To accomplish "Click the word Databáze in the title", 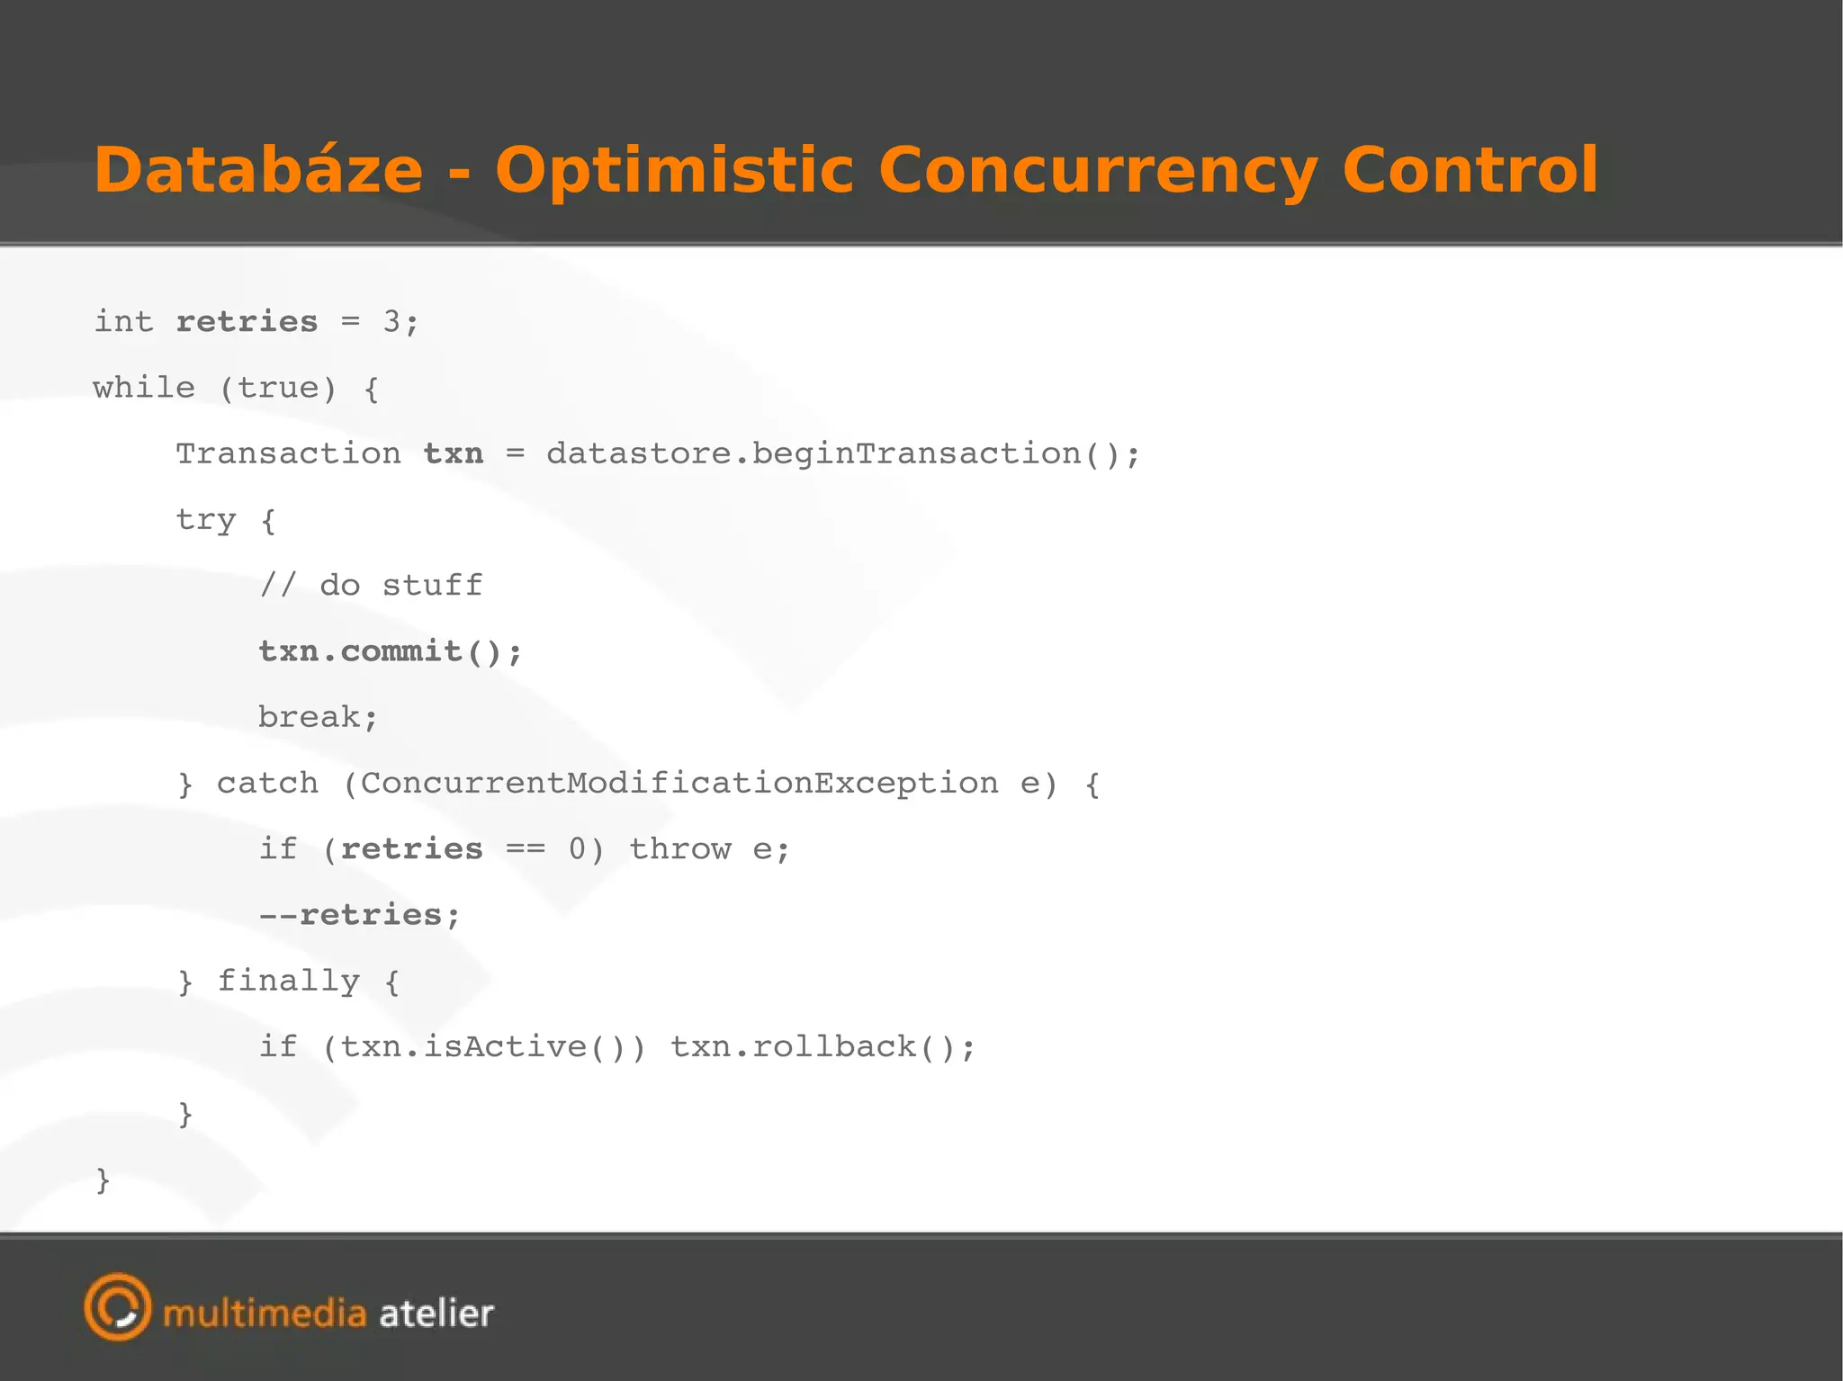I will point(258,170).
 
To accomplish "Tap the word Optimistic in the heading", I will point(674,170).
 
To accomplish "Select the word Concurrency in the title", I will point(1098,170).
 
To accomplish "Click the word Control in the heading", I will point(1470,170).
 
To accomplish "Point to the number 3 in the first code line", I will point(391,321).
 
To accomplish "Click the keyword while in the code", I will point(144,388).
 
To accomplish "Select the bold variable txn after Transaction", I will point(454,453).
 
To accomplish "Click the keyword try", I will point(206,520).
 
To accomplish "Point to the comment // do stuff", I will point(371,586).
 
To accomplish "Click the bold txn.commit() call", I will point(389,651).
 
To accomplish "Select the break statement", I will point(317,717).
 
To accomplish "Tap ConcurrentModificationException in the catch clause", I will point(679,783).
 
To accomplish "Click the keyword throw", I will point(679,848).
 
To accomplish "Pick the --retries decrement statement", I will point(359,915).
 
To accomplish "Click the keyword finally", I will point(288,981).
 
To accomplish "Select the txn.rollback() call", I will point(822,1046).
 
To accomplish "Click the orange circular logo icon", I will point(118,1306).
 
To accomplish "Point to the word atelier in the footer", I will point(436,1314).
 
